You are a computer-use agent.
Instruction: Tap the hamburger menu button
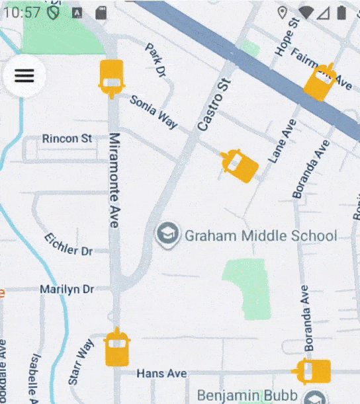24,75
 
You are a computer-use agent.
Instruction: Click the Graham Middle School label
260,235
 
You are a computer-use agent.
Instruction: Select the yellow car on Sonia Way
111,77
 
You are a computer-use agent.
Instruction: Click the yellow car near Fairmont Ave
320,82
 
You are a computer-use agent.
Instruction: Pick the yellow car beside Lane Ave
239,165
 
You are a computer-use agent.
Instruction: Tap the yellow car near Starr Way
118,348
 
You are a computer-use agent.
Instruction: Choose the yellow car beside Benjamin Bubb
313,371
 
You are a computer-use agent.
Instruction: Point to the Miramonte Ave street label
114,181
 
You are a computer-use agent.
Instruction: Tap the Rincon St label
67,139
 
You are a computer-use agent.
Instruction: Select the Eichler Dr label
68,245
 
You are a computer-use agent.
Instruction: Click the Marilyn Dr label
66,289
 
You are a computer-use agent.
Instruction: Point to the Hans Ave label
161,374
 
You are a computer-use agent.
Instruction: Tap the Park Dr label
155,60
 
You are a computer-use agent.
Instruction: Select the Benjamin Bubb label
246,395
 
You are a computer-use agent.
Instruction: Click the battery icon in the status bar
341,12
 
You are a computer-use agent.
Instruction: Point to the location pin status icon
282,12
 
